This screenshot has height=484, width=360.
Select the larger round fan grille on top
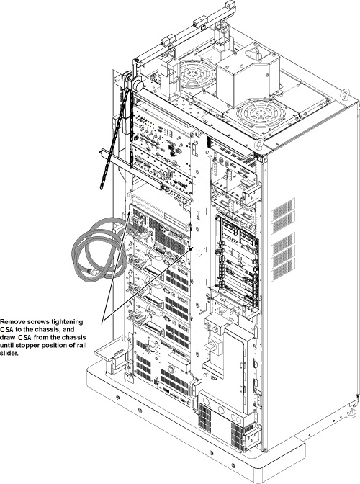coord(259,114)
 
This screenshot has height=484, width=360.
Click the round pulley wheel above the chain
coord(138,84)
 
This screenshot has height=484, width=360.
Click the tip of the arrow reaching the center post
coord(194,246)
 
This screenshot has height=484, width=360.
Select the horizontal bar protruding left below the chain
coord(132,169)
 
